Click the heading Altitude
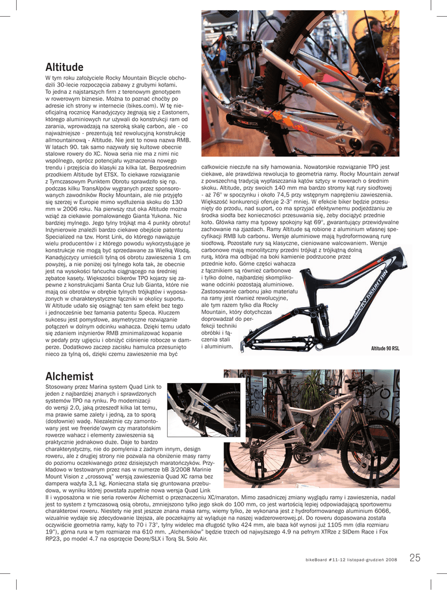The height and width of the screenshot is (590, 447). tap(65, 67)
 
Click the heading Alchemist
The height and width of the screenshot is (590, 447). tap(69, 376)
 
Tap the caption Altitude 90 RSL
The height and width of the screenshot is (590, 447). tap(385, 349)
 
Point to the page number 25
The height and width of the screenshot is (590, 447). tap(415, 557)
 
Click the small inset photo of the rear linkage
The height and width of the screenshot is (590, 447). tap(203, 409)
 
